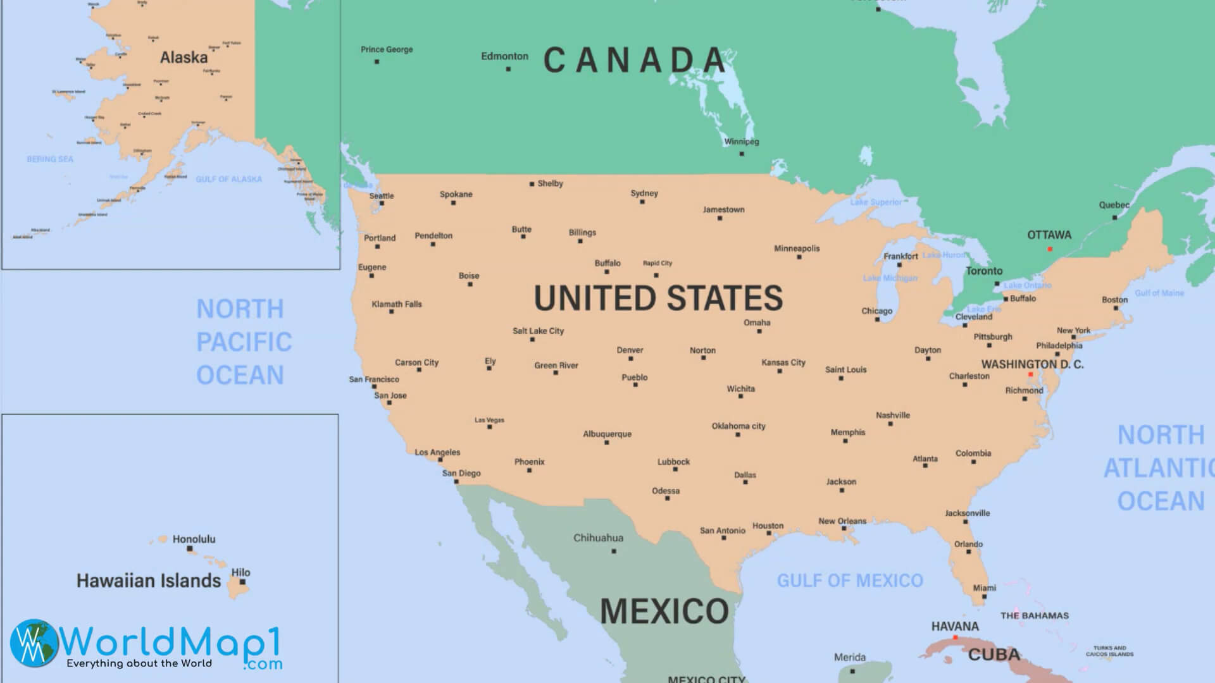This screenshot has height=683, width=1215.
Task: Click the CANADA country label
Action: (635, 60)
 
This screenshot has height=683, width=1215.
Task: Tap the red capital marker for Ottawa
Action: (1050, 249)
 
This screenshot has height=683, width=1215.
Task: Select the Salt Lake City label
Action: (538, 331)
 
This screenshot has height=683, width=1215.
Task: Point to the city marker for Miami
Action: (984, 596)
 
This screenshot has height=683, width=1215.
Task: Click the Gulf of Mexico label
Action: (849, 581)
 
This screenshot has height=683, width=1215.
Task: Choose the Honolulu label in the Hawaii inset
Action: (194, 539)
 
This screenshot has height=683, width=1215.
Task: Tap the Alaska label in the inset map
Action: (184, 58)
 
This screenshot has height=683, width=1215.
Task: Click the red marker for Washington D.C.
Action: (1030, 375)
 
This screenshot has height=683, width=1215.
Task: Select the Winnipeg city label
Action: (741, 142)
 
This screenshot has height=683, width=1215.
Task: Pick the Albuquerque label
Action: (607, 434)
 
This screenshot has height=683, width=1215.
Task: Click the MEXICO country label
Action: (664, 611)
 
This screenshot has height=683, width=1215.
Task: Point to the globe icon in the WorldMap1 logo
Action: (34, 643)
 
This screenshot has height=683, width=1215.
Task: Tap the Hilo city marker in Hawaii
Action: (242, 582)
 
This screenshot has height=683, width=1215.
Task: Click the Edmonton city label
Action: (504, 56)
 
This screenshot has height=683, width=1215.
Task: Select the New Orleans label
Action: (842, 521)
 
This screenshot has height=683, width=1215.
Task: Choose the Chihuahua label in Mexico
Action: (598, 538)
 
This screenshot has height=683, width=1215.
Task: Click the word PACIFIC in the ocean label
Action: (244, 342)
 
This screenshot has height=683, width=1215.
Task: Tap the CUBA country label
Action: (994, 655)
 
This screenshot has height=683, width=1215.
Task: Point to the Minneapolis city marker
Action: (799, 257)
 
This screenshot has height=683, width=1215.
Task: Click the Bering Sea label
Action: (50, 159)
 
